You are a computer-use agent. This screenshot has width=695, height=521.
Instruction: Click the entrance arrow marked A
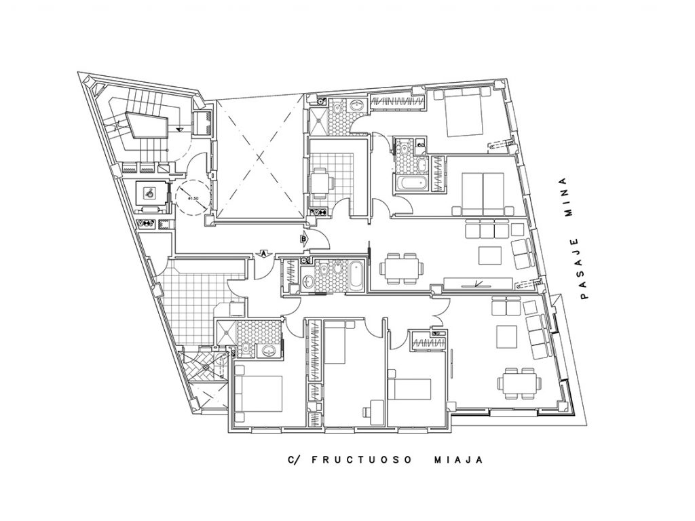[264, 254]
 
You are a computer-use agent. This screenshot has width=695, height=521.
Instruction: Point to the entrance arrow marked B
[304, 239]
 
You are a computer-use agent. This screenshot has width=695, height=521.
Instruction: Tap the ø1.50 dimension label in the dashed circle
[193, 199]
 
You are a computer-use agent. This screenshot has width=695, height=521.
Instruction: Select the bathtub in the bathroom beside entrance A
[356, 277]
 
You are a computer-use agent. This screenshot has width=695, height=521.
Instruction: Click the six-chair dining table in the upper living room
[401, 269]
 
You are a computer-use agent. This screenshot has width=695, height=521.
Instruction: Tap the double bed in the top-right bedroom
[464, 113]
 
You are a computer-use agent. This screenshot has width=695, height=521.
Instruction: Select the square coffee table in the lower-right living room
[506, 337]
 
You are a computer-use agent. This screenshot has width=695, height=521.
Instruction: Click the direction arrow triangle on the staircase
[179, 129]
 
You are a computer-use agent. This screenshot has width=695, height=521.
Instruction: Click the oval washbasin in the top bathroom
[356, 105]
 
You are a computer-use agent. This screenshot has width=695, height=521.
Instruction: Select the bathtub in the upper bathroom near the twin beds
[411, 182]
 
